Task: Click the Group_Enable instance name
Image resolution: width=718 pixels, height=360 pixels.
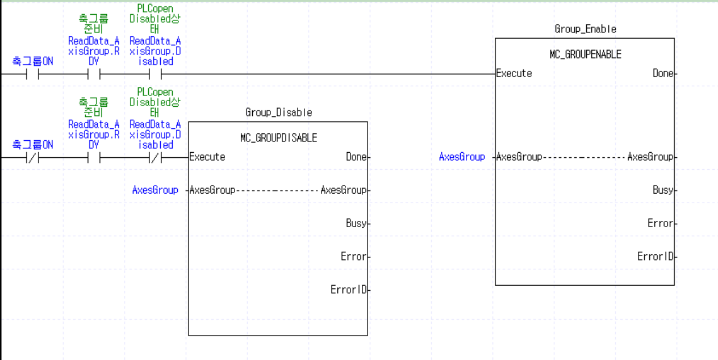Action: click(x=585, y=29)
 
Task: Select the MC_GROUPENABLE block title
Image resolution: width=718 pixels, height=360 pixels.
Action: click(x=585, y=55)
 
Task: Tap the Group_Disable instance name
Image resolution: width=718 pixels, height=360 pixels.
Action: click(x=278, y=112)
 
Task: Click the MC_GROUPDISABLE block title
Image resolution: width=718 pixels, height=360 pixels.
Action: click(x=278, y=138)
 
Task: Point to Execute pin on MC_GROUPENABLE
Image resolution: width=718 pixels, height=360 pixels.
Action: click(x=514, y=74)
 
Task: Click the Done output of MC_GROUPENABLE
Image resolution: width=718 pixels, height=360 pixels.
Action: click(x=662, y=74)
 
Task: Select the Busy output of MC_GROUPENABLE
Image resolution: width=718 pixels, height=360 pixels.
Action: click(x=662, y=190)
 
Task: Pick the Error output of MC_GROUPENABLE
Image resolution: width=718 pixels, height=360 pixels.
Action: click(x=660, y=223)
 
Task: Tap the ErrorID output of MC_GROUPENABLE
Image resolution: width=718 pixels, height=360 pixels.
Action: click(x=655, y=257)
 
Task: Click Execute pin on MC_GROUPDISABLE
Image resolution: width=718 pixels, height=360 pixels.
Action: click(x=207, y=157)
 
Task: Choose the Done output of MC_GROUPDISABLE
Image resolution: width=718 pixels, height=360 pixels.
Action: click(x=356, y=157)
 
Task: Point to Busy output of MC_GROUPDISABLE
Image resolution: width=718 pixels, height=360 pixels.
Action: click(x=356, y=223)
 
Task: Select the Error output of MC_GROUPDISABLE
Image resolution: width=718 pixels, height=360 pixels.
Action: click(x=353, y=257)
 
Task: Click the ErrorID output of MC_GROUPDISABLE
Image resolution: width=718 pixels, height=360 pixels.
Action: click(x=348, y=290)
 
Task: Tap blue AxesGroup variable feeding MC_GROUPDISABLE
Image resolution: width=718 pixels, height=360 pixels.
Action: click(x=155, y=190)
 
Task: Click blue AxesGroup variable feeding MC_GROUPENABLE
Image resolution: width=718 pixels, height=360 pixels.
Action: click(x=462, y=157)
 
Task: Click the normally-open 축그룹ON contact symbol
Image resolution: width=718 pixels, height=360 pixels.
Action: click(x=32, y=74)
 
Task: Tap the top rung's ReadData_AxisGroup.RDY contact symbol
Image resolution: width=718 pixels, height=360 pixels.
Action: click(x=94, y=74)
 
